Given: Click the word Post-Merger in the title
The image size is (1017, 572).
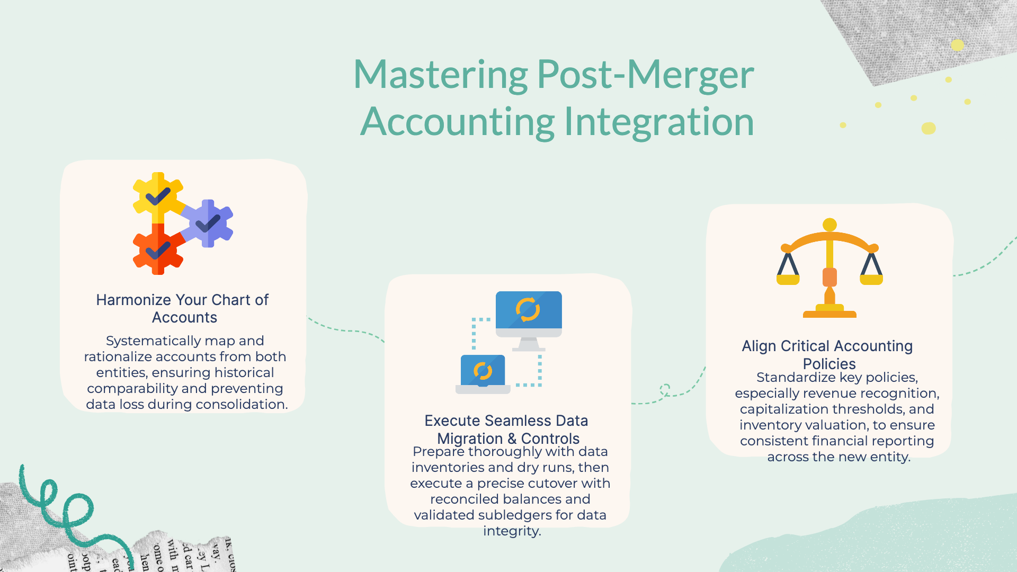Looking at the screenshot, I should [x=645, y=75].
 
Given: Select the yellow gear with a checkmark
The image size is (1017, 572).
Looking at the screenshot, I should [x=158, y=196].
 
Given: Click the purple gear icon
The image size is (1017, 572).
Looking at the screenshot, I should [x=208, y=223].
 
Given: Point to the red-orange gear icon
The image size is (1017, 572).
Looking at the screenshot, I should [x=158, y=249].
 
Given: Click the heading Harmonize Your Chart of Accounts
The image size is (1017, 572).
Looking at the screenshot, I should [x=183, y=308].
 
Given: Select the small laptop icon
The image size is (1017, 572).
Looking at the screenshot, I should [x=483, y=374].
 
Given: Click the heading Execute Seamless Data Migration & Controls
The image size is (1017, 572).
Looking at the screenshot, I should [x=507, y=430].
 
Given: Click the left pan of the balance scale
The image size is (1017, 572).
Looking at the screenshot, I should [x=788, y=279].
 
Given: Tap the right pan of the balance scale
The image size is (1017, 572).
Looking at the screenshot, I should [x=871, y=279].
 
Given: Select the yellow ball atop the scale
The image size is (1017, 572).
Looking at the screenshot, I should [x=829, y=225].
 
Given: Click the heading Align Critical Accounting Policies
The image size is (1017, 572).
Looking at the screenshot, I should [x=827, y=354].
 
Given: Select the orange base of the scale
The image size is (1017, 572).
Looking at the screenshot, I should [x=829, y=314].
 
